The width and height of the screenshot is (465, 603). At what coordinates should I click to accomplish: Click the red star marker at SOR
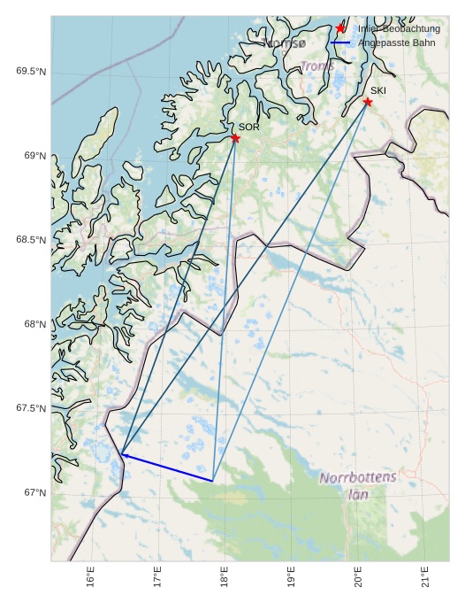tap(235, 138)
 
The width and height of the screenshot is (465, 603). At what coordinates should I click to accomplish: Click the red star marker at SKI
tap(368, 102)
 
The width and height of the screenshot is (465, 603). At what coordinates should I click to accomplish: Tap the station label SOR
tap(249, 128)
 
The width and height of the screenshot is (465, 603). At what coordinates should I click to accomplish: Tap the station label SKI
tap(378, 90)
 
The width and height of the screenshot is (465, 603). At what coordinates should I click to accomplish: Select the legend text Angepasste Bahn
tap(398, 43)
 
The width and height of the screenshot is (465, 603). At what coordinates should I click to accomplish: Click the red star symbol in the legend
tap(340, 29)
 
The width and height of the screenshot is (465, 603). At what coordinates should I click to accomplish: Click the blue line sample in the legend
tap(340, 43)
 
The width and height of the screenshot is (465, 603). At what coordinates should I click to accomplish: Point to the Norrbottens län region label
tap(358, 486)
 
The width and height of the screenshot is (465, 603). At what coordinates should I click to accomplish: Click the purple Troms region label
tap(317, 66)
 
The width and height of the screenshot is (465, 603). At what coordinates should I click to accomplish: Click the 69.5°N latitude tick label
tap(31, 72)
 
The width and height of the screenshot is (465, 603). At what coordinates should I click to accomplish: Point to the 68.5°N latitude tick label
tap(31, 240)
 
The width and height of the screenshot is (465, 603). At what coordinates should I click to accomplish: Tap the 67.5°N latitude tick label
tap(31, 408)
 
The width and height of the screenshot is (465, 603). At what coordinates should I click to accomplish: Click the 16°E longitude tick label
tap(91, 576)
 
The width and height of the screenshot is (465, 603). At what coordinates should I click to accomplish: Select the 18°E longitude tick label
tap(225, 576)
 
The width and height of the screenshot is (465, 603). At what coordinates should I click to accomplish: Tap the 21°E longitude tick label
tap(425, 576)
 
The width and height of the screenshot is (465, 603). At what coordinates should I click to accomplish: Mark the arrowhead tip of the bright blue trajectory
tap(122, 454)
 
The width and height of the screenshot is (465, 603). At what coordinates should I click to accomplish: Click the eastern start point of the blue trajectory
tap(213, 481)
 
